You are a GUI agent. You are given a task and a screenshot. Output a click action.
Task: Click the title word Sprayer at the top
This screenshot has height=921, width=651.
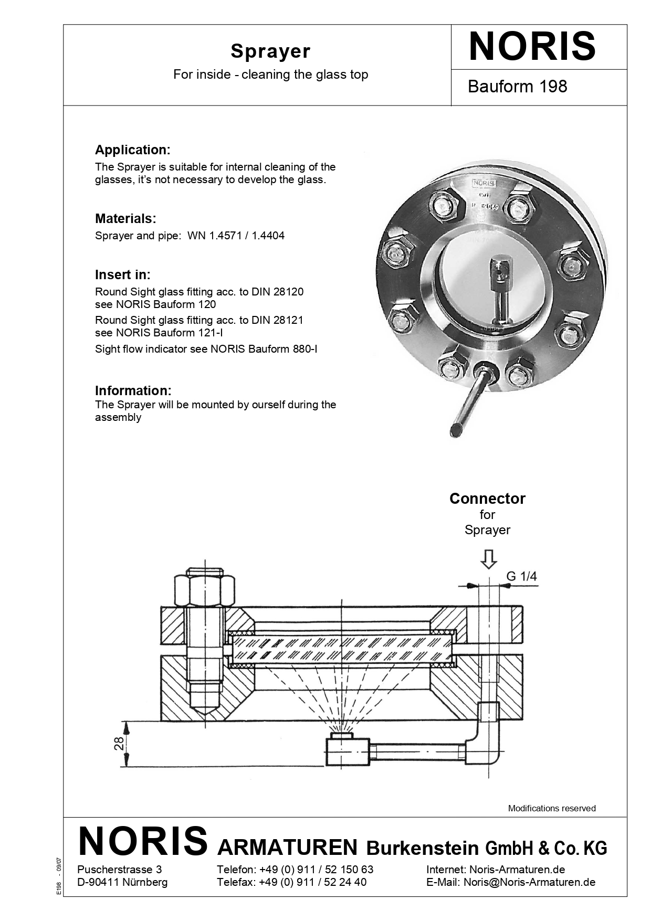pos(270,51)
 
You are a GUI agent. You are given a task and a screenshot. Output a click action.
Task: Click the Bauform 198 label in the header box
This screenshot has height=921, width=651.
pos(517,86)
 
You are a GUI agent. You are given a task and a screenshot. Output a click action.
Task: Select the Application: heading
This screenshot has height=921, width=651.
pos(132,150)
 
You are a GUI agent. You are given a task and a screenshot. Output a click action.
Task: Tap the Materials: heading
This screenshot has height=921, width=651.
pos(125,218)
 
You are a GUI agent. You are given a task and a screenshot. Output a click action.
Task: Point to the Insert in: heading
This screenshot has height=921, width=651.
pos(122,274)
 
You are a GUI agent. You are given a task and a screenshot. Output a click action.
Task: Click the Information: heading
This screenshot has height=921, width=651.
pos(133,390)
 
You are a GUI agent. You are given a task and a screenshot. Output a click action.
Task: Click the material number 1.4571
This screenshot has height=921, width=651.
pos(225,236)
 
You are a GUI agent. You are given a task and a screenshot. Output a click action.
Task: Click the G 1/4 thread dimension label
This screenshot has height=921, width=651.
pos(521,576)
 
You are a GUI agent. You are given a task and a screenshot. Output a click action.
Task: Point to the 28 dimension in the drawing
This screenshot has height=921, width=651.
pos(119,743)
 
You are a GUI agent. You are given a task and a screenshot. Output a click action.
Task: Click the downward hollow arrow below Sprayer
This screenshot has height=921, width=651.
pos(489,559)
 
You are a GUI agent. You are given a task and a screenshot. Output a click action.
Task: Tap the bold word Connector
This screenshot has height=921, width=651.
pos(487,499)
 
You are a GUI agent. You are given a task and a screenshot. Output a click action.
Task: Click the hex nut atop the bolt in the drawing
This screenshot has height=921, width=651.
pos(205,592)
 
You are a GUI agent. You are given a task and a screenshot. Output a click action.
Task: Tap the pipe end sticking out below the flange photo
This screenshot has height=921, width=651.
pos(456,430)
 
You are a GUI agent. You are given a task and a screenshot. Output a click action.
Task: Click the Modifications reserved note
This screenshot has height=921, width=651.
pos(551,808)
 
